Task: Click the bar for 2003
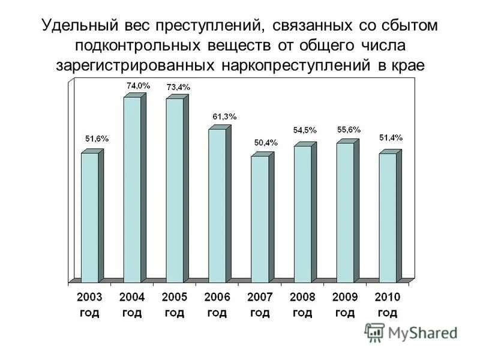(89, 217)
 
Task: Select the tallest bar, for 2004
(132, 189)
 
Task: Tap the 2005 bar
(175, 190)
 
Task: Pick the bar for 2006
(217, 205)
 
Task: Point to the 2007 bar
(260, 219)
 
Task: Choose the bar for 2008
(302, 214)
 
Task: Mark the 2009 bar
(345, 212)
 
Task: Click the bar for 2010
(388, 218)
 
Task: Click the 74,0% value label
(137, 86)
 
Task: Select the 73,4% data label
(178, 87)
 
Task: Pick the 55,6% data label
(349, 129)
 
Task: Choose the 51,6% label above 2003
(97, 139)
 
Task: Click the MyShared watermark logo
(411, 332)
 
